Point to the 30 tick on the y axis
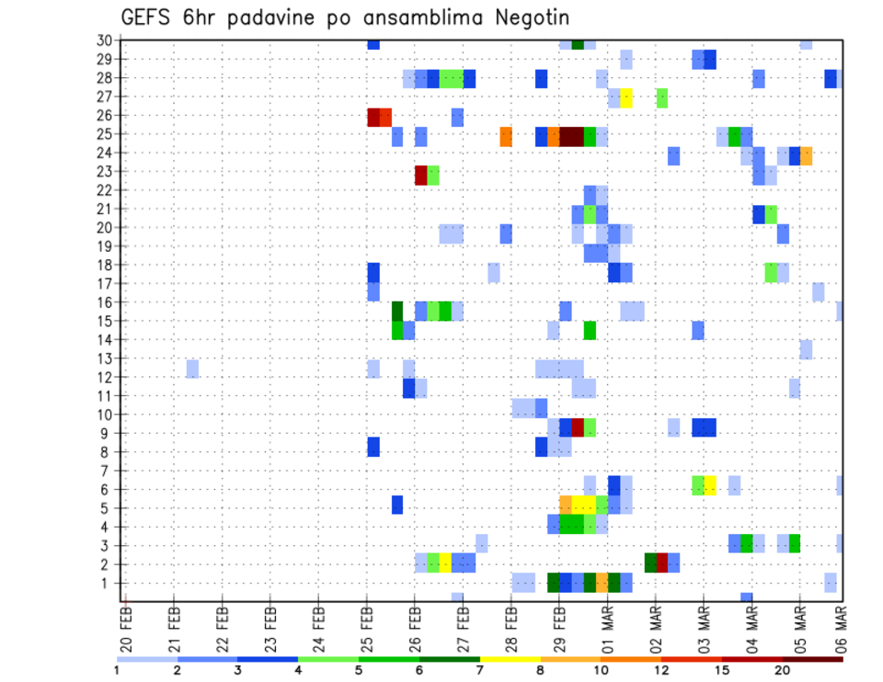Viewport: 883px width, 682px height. click(104, 40)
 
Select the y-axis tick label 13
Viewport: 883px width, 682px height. click(104, 358)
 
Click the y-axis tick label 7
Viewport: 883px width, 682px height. click(107, 471)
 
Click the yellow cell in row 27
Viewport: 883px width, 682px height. click(626, 97)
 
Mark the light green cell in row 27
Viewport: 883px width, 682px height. click(661, 97)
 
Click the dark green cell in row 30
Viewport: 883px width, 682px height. click(578, 44)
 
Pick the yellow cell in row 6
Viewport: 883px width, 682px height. click(710, 485)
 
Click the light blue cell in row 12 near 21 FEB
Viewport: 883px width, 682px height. click(192, 369)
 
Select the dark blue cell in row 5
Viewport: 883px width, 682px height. click(397, 505)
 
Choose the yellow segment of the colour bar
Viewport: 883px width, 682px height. click(510, 659)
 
